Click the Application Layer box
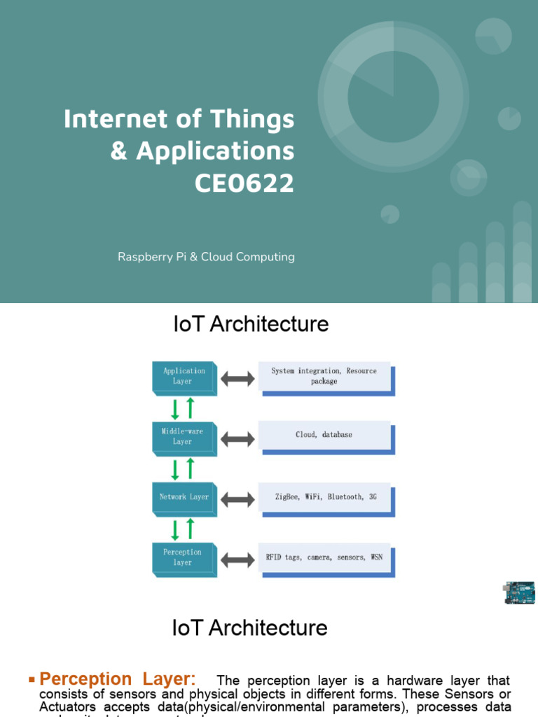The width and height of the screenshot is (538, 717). coord(184,377)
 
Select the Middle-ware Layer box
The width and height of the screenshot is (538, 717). coord(183,436)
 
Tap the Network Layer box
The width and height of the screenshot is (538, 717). coord(184,497)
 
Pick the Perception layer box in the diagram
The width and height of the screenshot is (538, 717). coord(183,557)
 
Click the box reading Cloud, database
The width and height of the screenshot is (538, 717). coord(324,435)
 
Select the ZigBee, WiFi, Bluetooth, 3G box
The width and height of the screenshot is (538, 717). coord(324,497)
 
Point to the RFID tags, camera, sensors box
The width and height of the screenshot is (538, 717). coord(324,557)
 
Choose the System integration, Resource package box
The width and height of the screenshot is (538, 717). coord(324,376)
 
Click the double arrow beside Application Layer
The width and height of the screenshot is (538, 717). coord(238,379)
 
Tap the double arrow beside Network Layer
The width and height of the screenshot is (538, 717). coord(238,500)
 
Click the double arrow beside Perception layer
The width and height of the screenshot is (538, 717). coord(238,560)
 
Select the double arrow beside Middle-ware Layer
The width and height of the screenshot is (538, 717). coord(238,439)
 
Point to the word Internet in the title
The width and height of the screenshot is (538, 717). coord(112,119)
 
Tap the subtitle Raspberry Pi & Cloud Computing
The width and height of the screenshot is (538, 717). coord(206,257)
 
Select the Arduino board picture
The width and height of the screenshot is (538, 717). coord(518,592)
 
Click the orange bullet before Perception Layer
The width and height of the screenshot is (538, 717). coord(32,680)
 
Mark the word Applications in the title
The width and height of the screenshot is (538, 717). coord(215,151)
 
